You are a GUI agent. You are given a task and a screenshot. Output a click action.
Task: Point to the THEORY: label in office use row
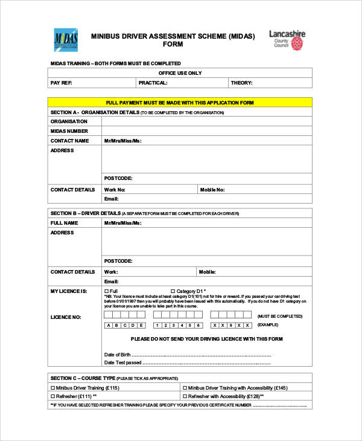241,83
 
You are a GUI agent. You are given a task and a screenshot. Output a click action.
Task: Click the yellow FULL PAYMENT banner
180,103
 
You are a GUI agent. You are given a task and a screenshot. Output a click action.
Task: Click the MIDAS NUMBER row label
69,131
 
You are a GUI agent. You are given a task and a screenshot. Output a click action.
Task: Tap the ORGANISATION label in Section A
69,121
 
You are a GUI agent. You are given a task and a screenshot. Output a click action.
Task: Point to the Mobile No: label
212,190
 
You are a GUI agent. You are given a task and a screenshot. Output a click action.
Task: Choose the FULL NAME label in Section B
65,223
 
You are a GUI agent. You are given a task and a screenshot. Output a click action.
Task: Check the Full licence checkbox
106,291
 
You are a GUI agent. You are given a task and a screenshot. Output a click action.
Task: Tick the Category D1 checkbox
173,291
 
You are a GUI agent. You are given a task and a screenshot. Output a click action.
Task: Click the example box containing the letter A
109,326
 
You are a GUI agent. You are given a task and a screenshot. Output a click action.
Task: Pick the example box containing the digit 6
197,326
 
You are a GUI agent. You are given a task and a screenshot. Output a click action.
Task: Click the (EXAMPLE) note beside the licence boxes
268,325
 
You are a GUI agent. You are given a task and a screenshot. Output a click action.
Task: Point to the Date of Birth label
118,354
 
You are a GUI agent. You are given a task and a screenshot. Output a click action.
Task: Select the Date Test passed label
122,362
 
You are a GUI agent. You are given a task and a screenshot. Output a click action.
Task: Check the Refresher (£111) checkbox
52,396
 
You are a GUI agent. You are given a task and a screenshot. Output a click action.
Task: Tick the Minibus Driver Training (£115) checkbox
52,387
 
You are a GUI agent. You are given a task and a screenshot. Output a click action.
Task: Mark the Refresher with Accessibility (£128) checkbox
185,396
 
